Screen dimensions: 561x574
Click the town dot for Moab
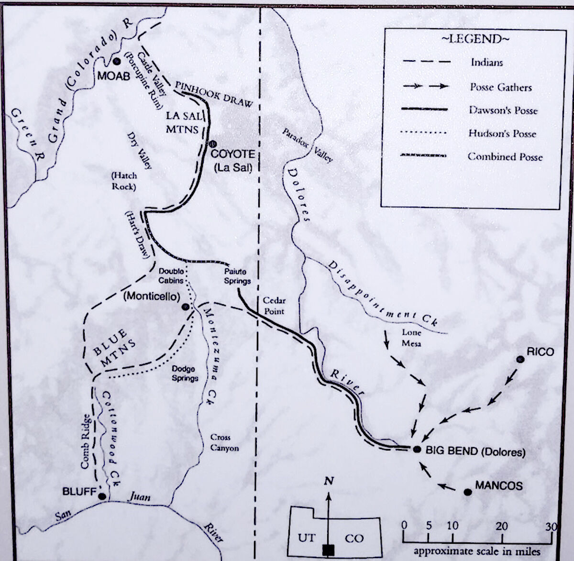pos(117,61)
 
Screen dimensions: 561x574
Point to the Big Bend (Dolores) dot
pos(417,449)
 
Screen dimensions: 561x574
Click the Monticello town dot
pos(186,307)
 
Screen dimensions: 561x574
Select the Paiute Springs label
pos(237,276)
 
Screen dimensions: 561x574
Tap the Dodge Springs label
pos(185,373)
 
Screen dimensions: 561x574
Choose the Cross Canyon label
pos(224,442)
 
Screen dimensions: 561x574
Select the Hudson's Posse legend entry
pos(502,133)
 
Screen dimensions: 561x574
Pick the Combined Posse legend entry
pos(505,156)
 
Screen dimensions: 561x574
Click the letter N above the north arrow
pos(328,482)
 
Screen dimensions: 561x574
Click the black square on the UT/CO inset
pos(328,550)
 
